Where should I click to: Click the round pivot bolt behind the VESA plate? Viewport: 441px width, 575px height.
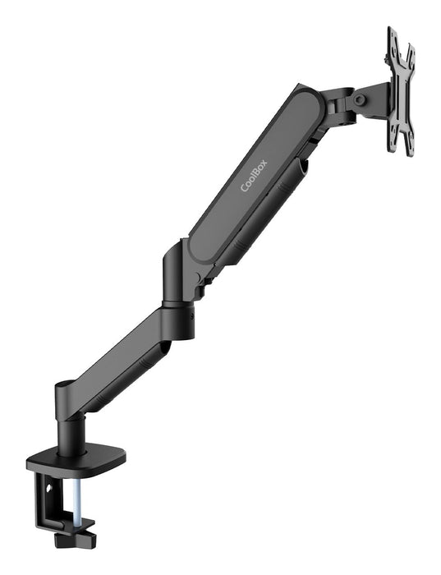tap(360, 100)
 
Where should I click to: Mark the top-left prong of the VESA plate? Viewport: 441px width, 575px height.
tap(393, 36)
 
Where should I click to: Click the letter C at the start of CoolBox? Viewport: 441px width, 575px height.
tap(244, 191)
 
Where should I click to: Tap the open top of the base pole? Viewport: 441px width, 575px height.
tap(65, 386)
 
